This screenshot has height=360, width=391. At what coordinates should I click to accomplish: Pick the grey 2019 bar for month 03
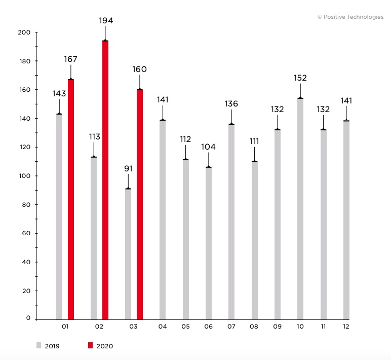(x=128, y=254)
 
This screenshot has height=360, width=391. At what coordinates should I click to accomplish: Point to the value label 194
(x=106, y=21)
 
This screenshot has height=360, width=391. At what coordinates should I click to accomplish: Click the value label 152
(x=300, y=78)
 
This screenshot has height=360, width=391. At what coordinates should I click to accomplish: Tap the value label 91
(x=128, y=168)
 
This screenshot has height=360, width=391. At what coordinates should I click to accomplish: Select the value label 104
(x=208, y=147)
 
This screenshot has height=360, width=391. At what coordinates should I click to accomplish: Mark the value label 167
(x=71, y=59)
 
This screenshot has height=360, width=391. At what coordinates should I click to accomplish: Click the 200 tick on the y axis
(x=25, y=32)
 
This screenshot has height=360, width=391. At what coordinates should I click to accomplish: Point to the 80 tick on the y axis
(x=26, y=205)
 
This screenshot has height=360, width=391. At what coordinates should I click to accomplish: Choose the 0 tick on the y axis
(x=29, y=318)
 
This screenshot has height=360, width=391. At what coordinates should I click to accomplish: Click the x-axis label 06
(x=208, y=327)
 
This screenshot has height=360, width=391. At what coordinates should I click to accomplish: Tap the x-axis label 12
(x=346, y=327)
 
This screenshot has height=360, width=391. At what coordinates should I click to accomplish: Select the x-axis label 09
(x=277, y=327)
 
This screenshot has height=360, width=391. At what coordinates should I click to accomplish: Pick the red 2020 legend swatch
(x=90, y=346)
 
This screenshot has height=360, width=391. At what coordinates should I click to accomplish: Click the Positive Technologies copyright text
(x=350, y=17)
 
